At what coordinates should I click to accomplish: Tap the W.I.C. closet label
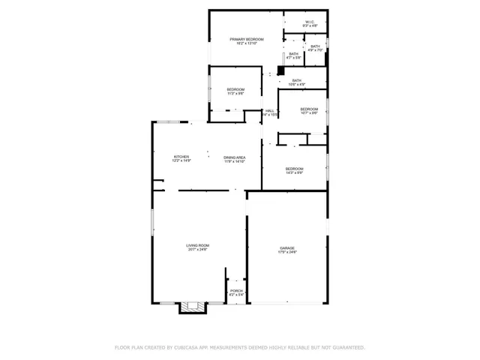(x=310, y=22)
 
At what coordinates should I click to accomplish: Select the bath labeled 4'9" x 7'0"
(x=315, y=48)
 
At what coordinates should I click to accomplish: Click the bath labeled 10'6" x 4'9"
(x=297, y=82)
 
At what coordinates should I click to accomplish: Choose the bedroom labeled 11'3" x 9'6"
(x=235, y=91)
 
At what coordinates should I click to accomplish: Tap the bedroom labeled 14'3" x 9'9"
(x=294, y=170)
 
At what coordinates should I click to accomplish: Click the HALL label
(x=268, y=112)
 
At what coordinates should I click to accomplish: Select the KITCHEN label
(x=181, y=157)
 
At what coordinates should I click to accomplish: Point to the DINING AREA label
(x=235, y=157)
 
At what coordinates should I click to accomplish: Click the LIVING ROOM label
(x=197, y=245)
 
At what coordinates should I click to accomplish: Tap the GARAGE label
(x=287, y=248)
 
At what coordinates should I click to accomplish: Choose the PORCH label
(x=236, y=291)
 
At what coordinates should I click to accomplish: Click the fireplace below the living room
(x=191, y=307)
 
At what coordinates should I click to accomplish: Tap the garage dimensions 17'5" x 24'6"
(x=287, y=253)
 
